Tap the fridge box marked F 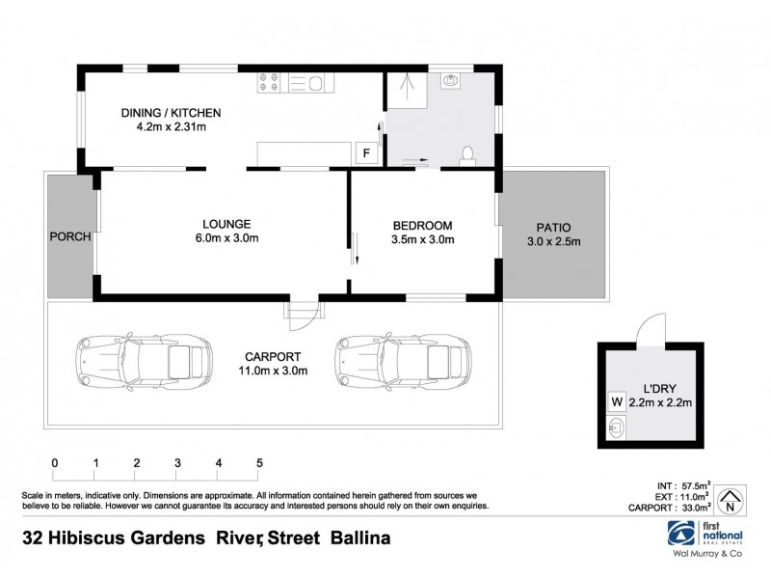click(x=365, y=152)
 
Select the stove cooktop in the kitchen click(x=268, y=84)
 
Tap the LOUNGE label click(x=226, y=221)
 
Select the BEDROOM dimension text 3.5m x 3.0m click(x=423, y=239)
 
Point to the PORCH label click(x=70, y=237)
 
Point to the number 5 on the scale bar click(x=259, y=463)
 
